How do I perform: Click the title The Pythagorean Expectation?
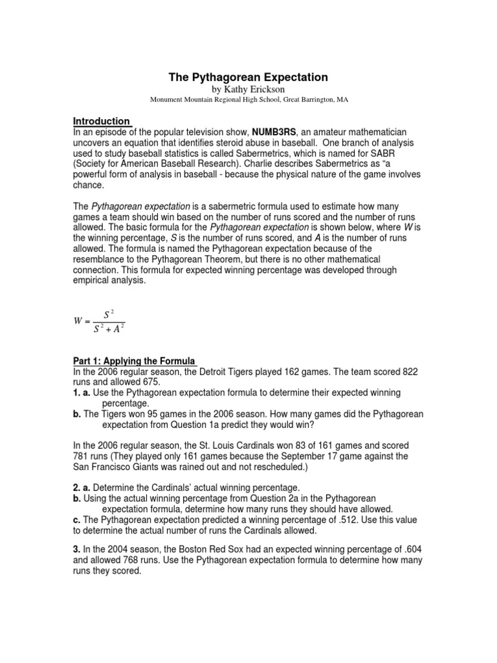(x=248, y=77)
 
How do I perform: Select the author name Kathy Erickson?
(x=248, y=89)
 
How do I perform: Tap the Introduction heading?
(x=101, y=121)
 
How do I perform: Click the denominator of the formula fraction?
(x=108, y=329)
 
